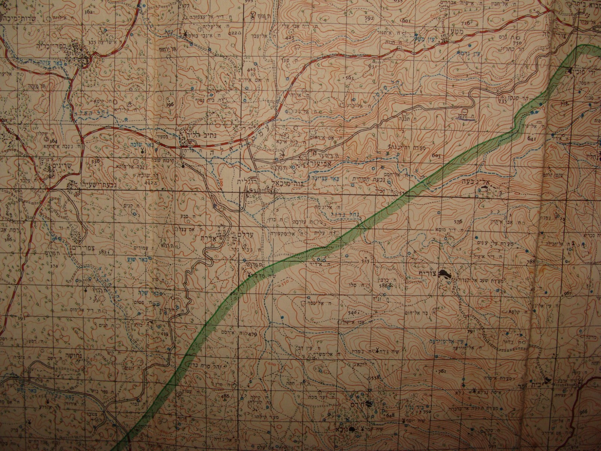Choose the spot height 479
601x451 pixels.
252,334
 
